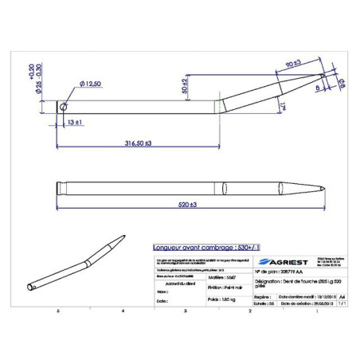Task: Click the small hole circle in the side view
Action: [x=65, y=104]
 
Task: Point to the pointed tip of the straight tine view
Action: [x=322, y=189]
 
